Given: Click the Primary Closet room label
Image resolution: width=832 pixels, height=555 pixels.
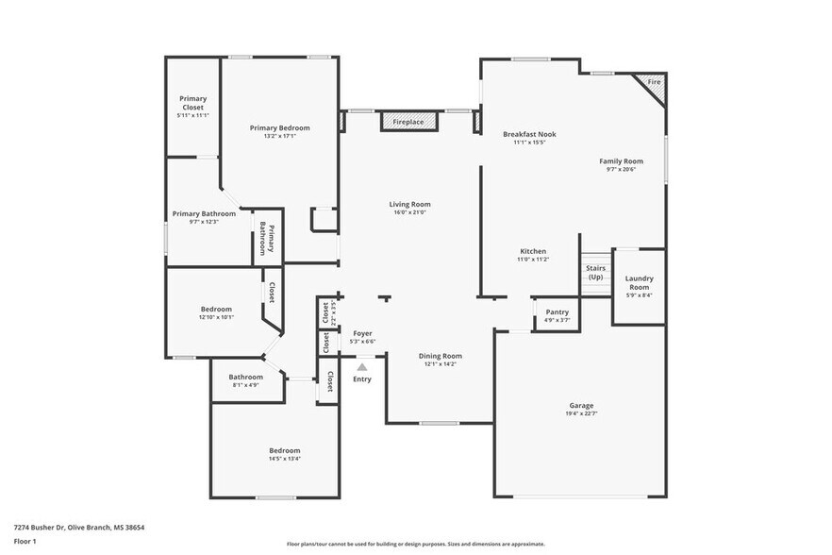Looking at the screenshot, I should click(193, 102).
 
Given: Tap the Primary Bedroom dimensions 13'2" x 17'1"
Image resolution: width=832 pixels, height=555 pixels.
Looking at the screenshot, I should click(279, 136).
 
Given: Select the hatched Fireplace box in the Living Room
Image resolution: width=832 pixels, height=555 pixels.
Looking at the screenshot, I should click(409, 122).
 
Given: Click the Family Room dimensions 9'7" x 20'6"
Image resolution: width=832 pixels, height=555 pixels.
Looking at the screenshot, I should click(621, 170).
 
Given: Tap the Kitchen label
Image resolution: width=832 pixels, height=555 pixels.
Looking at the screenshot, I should click(532, 251).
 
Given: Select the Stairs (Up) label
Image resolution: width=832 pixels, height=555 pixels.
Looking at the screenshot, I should click(595, 273).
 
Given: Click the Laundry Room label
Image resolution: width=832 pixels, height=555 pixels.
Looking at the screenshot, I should click(639, 282).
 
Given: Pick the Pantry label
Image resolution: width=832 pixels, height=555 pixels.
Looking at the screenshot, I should click(557, 311).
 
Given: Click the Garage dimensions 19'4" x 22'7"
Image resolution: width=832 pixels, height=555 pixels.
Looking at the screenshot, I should click(581, 413).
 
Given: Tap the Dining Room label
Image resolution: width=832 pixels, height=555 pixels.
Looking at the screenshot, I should click(440, 356).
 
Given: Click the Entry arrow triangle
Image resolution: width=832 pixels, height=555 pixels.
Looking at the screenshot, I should click(362, 365).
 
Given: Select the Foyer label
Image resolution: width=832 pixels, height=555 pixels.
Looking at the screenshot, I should click(362, 333).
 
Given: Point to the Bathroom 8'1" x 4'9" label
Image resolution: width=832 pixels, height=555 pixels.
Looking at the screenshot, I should click(243, 377).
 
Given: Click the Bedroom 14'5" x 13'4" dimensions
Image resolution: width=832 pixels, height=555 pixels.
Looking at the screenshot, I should click(284, 459).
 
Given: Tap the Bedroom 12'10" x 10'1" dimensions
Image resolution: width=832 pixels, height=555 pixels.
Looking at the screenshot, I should click(216, 317).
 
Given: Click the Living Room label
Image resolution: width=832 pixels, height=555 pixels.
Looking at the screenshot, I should click(409, 204).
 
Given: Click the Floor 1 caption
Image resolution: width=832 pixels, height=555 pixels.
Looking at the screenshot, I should click(25, 541).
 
